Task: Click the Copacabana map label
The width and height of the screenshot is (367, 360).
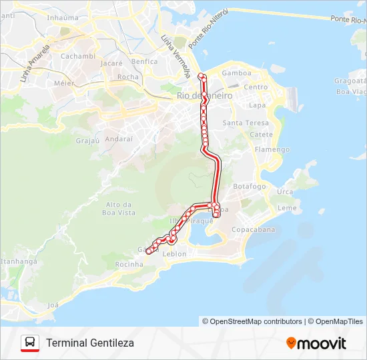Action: click(x=253, y=230)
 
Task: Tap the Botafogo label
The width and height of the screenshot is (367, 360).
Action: click(x=250, y=187)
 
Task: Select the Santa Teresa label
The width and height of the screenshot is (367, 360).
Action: click(x=246, y=123)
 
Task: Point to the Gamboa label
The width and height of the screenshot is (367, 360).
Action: click(x=236, y=73)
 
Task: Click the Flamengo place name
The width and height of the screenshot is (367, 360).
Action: click(x=272, y=149)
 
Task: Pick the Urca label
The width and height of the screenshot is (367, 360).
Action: click(x=285, y=192)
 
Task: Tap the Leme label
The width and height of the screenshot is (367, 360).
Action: click(x=287, y=208)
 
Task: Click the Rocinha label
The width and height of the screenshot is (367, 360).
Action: click(x=129, y=265)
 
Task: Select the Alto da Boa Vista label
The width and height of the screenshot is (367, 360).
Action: click(x=119, y=209)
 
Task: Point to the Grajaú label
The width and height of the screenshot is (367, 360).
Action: click(x=87, y=141)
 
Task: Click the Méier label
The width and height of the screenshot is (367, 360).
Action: click(x=64, y=84)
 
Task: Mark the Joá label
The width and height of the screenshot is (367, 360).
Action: click(x=53, y=305)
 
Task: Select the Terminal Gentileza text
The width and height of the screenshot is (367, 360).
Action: click(x=90, y=343)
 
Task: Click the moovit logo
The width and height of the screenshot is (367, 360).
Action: click(x=316, y=343)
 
